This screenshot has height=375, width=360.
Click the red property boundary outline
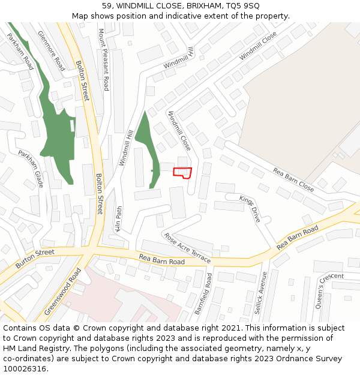coord(182,173)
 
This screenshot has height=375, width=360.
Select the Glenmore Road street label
coord(51,51)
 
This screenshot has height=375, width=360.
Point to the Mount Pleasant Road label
coord(103,59)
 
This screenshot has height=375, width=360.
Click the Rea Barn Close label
coord(293,179)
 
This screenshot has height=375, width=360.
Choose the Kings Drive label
coord(250,209)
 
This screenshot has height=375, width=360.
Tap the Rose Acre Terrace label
coord(187,248)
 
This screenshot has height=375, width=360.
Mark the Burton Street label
coord(34,258)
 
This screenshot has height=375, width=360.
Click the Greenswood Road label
coord(62,292)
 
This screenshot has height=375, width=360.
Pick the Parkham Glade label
coord(31,169)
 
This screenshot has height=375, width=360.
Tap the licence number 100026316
coord(25,369)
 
